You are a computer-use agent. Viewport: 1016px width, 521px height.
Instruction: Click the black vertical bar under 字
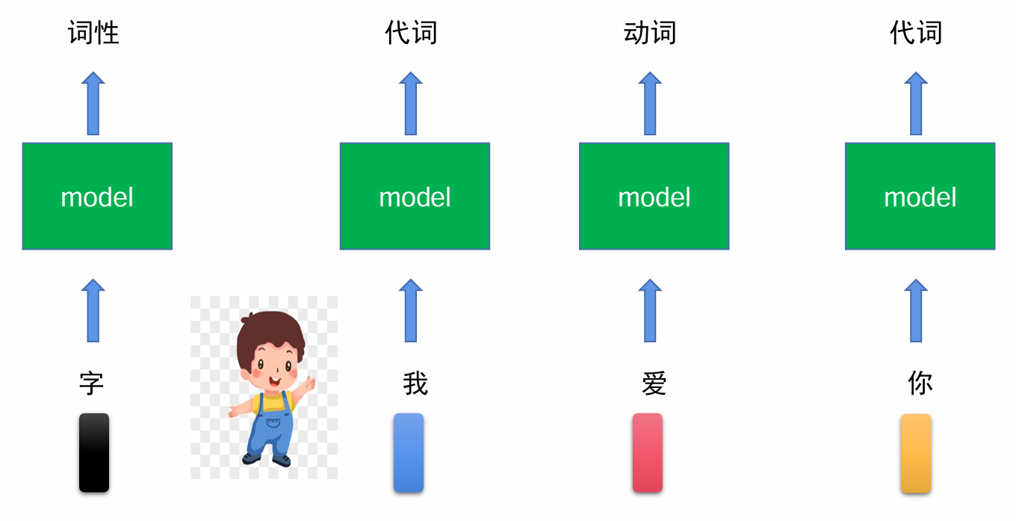coord(94,452)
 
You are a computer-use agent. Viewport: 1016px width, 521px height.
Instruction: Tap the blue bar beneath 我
coord(409,452)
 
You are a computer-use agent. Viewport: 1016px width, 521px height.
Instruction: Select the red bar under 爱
coord(648,452)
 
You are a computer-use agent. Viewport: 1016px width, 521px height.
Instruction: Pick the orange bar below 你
coord(916,453)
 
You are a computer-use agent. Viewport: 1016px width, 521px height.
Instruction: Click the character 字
coord(92,383)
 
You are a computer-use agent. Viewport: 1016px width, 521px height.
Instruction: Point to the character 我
coord(415,383)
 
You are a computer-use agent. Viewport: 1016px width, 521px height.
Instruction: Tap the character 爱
coord(654,383)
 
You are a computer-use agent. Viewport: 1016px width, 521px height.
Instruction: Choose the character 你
coord(920,383)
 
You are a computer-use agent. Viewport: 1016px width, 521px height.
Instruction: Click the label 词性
coord(93,33)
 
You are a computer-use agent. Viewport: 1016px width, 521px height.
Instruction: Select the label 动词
coord(650,33)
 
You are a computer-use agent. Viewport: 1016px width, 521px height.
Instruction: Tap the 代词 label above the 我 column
coord(411,33)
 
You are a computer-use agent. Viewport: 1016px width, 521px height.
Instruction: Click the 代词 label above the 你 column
coord(916,33)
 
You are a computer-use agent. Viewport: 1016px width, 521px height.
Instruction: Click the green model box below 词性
coord(97,196)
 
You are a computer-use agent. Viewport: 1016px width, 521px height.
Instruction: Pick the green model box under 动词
coord(654,196)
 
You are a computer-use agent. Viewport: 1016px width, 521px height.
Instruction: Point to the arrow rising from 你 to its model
coord(916,310)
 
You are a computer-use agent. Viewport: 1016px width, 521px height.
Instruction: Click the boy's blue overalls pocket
coord(273,424)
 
